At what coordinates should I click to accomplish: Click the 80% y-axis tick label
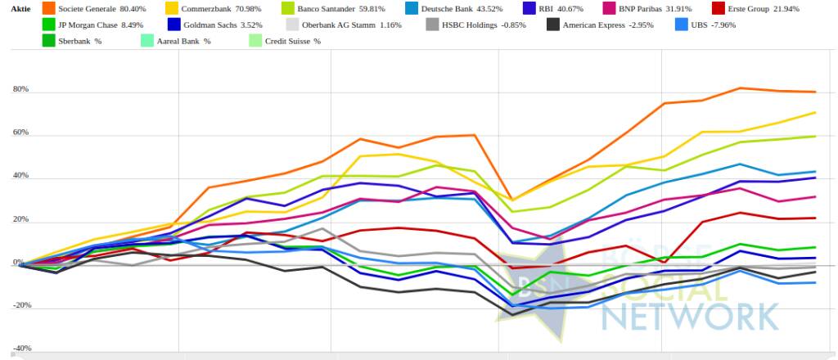[19, 89]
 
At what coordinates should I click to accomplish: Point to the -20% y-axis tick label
[20, 305]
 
